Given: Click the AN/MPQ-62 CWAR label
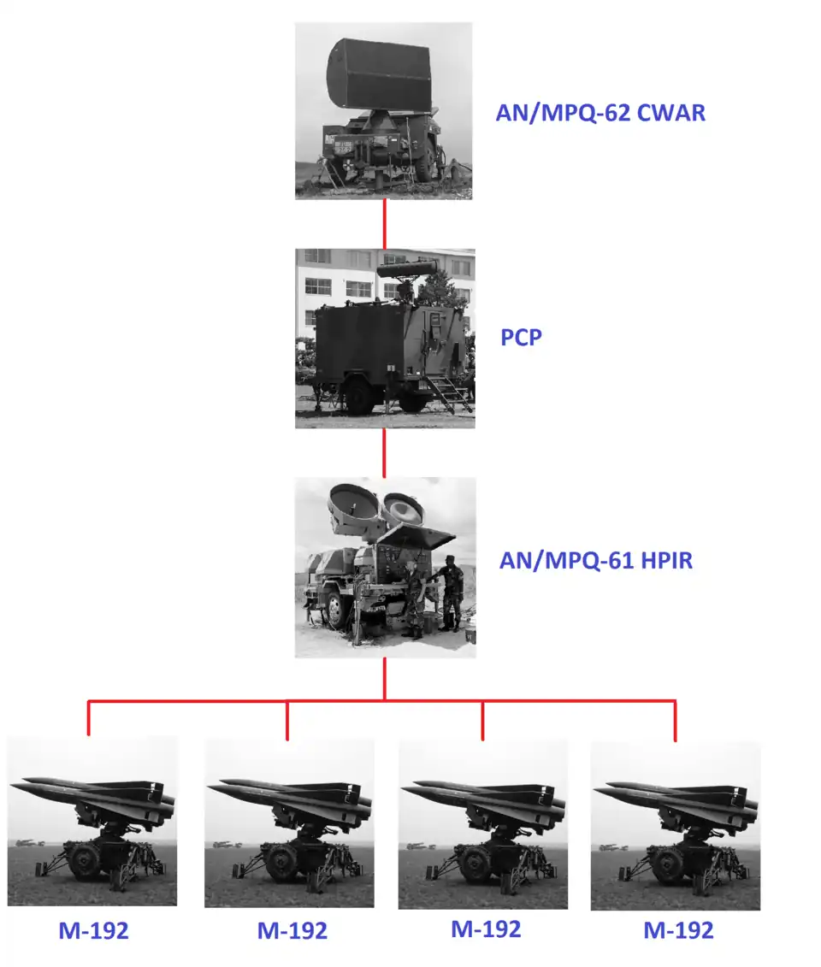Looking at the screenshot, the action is pos(600,113).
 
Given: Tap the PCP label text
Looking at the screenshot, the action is pos(521,338).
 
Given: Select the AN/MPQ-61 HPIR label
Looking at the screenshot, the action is pos(596,560).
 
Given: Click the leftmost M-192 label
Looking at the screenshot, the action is pos(94,930).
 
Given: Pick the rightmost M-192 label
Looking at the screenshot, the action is pos(678,929).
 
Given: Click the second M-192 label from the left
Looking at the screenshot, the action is pos(292,930).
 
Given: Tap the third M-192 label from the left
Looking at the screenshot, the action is pos(486,929).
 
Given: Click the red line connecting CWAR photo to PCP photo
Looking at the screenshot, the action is pos(385,224).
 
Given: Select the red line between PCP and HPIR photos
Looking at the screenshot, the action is pos(384,452).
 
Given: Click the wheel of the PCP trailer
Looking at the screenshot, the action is pos(360,395).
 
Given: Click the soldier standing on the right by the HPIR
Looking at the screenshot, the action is pos(452,593).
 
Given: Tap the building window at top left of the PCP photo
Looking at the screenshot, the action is pos(317,256).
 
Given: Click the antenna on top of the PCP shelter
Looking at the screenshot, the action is pos(407,269).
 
